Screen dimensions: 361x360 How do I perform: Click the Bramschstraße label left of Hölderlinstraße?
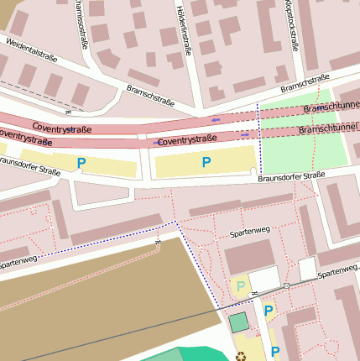[150, 95]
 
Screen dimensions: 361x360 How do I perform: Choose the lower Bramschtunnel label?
[328, 130]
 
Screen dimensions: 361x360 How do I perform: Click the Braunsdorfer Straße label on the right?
[291, 176]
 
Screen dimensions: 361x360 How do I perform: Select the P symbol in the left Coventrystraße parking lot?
[81, 163]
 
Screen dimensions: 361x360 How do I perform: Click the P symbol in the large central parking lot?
[206, 162]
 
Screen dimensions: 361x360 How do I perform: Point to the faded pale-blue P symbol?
[241, 286]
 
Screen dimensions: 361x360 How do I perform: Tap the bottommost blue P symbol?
[274, 351]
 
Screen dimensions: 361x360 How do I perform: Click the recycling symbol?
[243, 356]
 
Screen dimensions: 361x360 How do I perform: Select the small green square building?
[239, 322]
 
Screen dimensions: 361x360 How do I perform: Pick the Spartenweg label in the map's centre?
[248, 235]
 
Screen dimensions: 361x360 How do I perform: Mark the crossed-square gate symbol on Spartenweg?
[286, 286]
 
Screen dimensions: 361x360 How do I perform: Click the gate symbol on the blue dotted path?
[157, 243]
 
